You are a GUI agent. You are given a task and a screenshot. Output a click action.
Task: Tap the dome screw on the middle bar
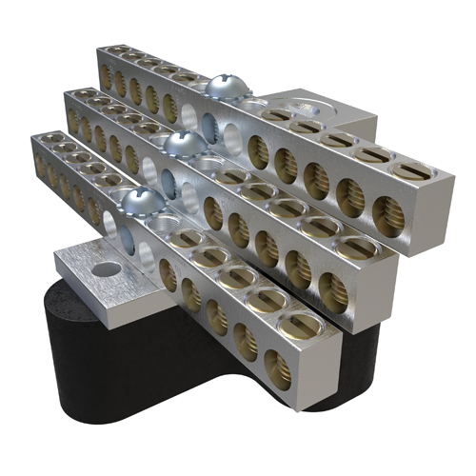pyautogui.click(x=182, y=145)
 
